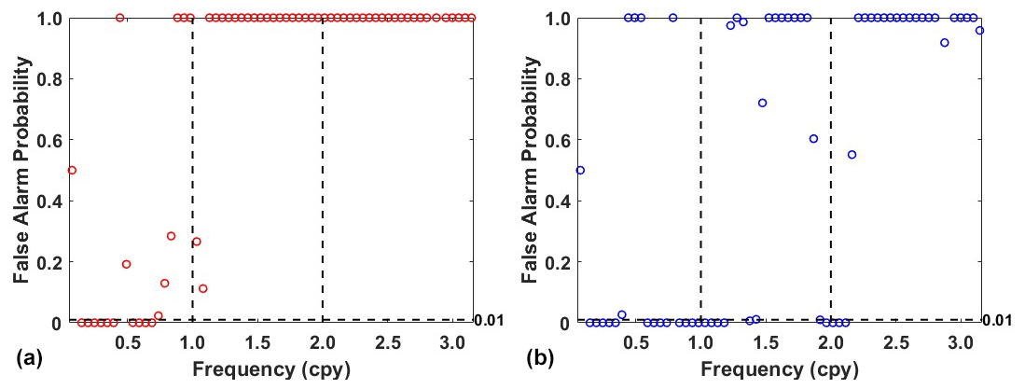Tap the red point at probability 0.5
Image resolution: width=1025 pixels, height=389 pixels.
click(x=72, y=170)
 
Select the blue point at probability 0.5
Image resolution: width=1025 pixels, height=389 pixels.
click(x=580, y=170)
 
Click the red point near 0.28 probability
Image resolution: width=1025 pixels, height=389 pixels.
click(x=171, y=236)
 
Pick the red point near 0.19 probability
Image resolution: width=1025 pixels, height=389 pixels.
click(x=126, y=264)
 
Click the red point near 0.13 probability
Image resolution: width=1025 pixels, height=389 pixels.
click(x=164, y=283)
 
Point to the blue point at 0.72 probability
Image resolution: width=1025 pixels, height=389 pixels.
click(x=762, y=103)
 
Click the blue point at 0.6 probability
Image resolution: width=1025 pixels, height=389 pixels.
click(x=813, y=139)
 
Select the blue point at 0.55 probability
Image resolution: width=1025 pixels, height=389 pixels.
click(x=852, y=154)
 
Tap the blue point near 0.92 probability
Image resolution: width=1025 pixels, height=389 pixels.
click(x=945, y=43)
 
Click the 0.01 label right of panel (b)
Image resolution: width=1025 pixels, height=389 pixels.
click(x=997, y=321)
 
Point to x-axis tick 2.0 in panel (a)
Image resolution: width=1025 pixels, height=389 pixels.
click(x=323, y=341)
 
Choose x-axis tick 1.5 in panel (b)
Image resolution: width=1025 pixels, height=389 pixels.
click(x=766, y=341)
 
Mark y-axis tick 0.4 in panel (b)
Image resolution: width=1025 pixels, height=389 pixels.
click(x=559, y=201)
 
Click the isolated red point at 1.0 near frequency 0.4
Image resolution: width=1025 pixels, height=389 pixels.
click(x=119, y=18)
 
